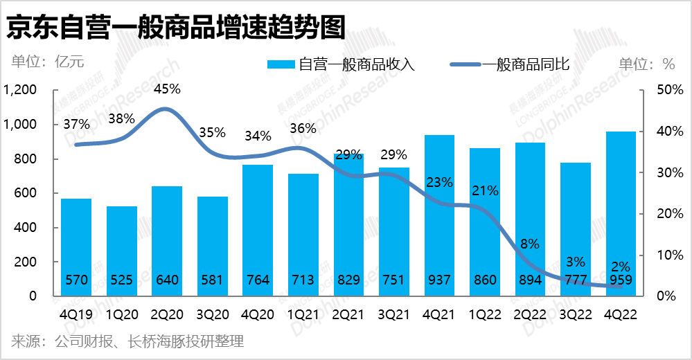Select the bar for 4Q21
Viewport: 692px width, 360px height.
pyautogui.click(x=439, y=208)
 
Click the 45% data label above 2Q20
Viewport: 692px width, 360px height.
pyautogui.click(x=167, y=89)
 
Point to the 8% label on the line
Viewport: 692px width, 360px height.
pyautogui.click(x=530, y=244)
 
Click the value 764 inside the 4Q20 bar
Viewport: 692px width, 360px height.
pyautogui.click(x=258, y=281)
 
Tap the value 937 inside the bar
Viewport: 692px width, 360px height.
pyautogui.click(x=439, y=281)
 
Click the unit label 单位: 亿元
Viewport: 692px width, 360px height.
pyautogui.click(x=47, y=62)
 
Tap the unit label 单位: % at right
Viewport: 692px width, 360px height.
pyautogui.click(x=646, y=64)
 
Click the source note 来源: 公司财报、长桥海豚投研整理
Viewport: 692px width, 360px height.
pyautogui.click(x=127, y=341)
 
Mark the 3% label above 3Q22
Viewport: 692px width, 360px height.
pyautogui.click(x=576, y=262)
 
